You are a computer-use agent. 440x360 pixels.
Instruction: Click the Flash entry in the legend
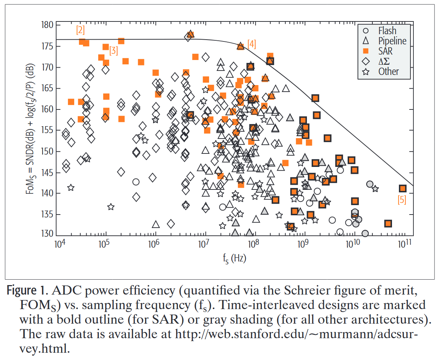click(x=387, y=31)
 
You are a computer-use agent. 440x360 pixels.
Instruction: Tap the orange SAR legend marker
click(x=366, y=51)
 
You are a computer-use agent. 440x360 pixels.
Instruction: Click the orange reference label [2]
click(x=80, y=30)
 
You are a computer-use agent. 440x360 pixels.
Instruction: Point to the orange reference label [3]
click(x=113, y=51)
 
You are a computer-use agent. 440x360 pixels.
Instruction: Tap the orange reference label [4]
click(x=252, y=44)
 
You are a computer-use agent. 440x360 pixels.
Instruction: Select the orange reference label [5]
click(x=402, y=200)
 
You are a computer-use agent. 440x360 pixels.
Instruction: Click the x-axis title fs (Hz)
click(x=235, y=259)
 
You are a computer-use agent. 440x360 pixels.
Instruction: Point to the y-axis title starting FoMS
click(x=31, y=129)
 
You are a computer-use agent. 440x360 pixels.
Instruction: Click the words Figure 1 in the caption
click(x=28, y=291)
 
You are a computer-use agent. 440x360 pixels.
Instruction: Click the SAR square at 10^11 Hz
click(x=403, y=188)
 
